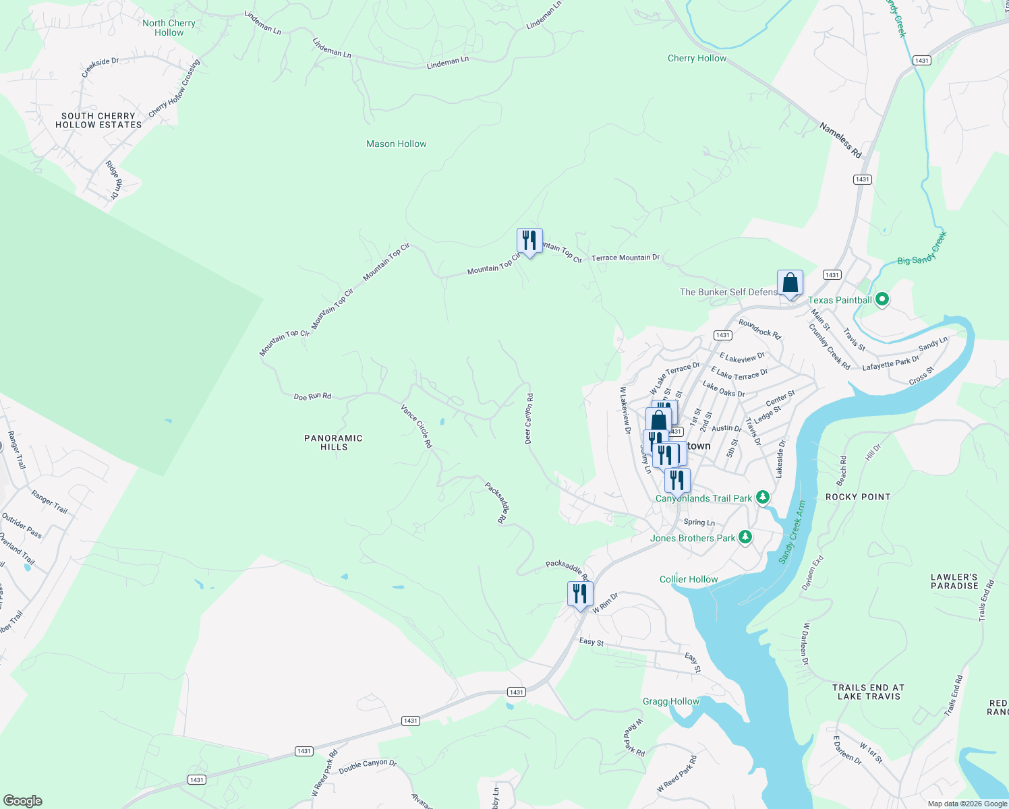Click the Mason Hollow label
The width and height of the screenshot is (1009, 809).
[396, 144]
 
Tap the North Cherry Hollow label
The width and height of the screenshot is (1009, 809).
[169, 28]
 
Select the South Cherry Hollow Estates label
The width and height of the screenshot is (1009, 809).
[98, 121]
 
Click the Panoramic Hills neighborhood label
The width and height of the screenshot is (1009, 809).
[334, 442]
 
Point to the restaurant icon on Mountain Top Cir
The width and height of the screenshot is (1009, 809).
[529, 241]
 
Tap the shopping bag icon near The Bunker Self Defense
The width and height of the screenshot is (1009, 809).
[790, 283]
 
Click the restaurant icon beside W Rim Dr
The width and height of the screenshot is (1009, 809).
[580, 595]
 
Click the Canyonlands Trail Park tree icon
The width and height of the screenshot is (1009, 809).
[762, 498]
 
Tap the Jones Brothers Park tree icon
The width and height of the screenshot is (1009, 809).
[745, 537]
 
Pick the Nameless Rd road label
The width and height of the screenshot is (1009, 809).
[841, 140]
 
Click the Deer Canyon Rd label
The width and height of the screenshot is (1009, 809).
[529, 419]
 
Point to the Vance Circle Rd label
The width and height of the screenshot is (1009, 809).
[416, 426]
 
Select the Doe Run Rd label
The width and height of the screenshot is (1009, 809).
[312, 396]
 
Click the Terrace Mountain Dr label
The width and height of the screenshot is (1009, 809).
[625, 258]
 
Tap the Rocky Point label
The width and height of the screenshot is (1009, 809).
[858, 497]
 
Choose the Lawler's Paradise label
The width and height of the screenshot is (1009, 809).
[954, 581]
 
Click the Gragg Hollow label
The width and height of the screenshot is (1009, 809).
[671, 701]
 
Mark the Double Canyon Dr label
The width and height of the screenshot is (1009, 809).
[368, 767]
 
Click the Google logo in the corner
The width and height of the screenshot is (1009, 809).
[23, 800]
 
